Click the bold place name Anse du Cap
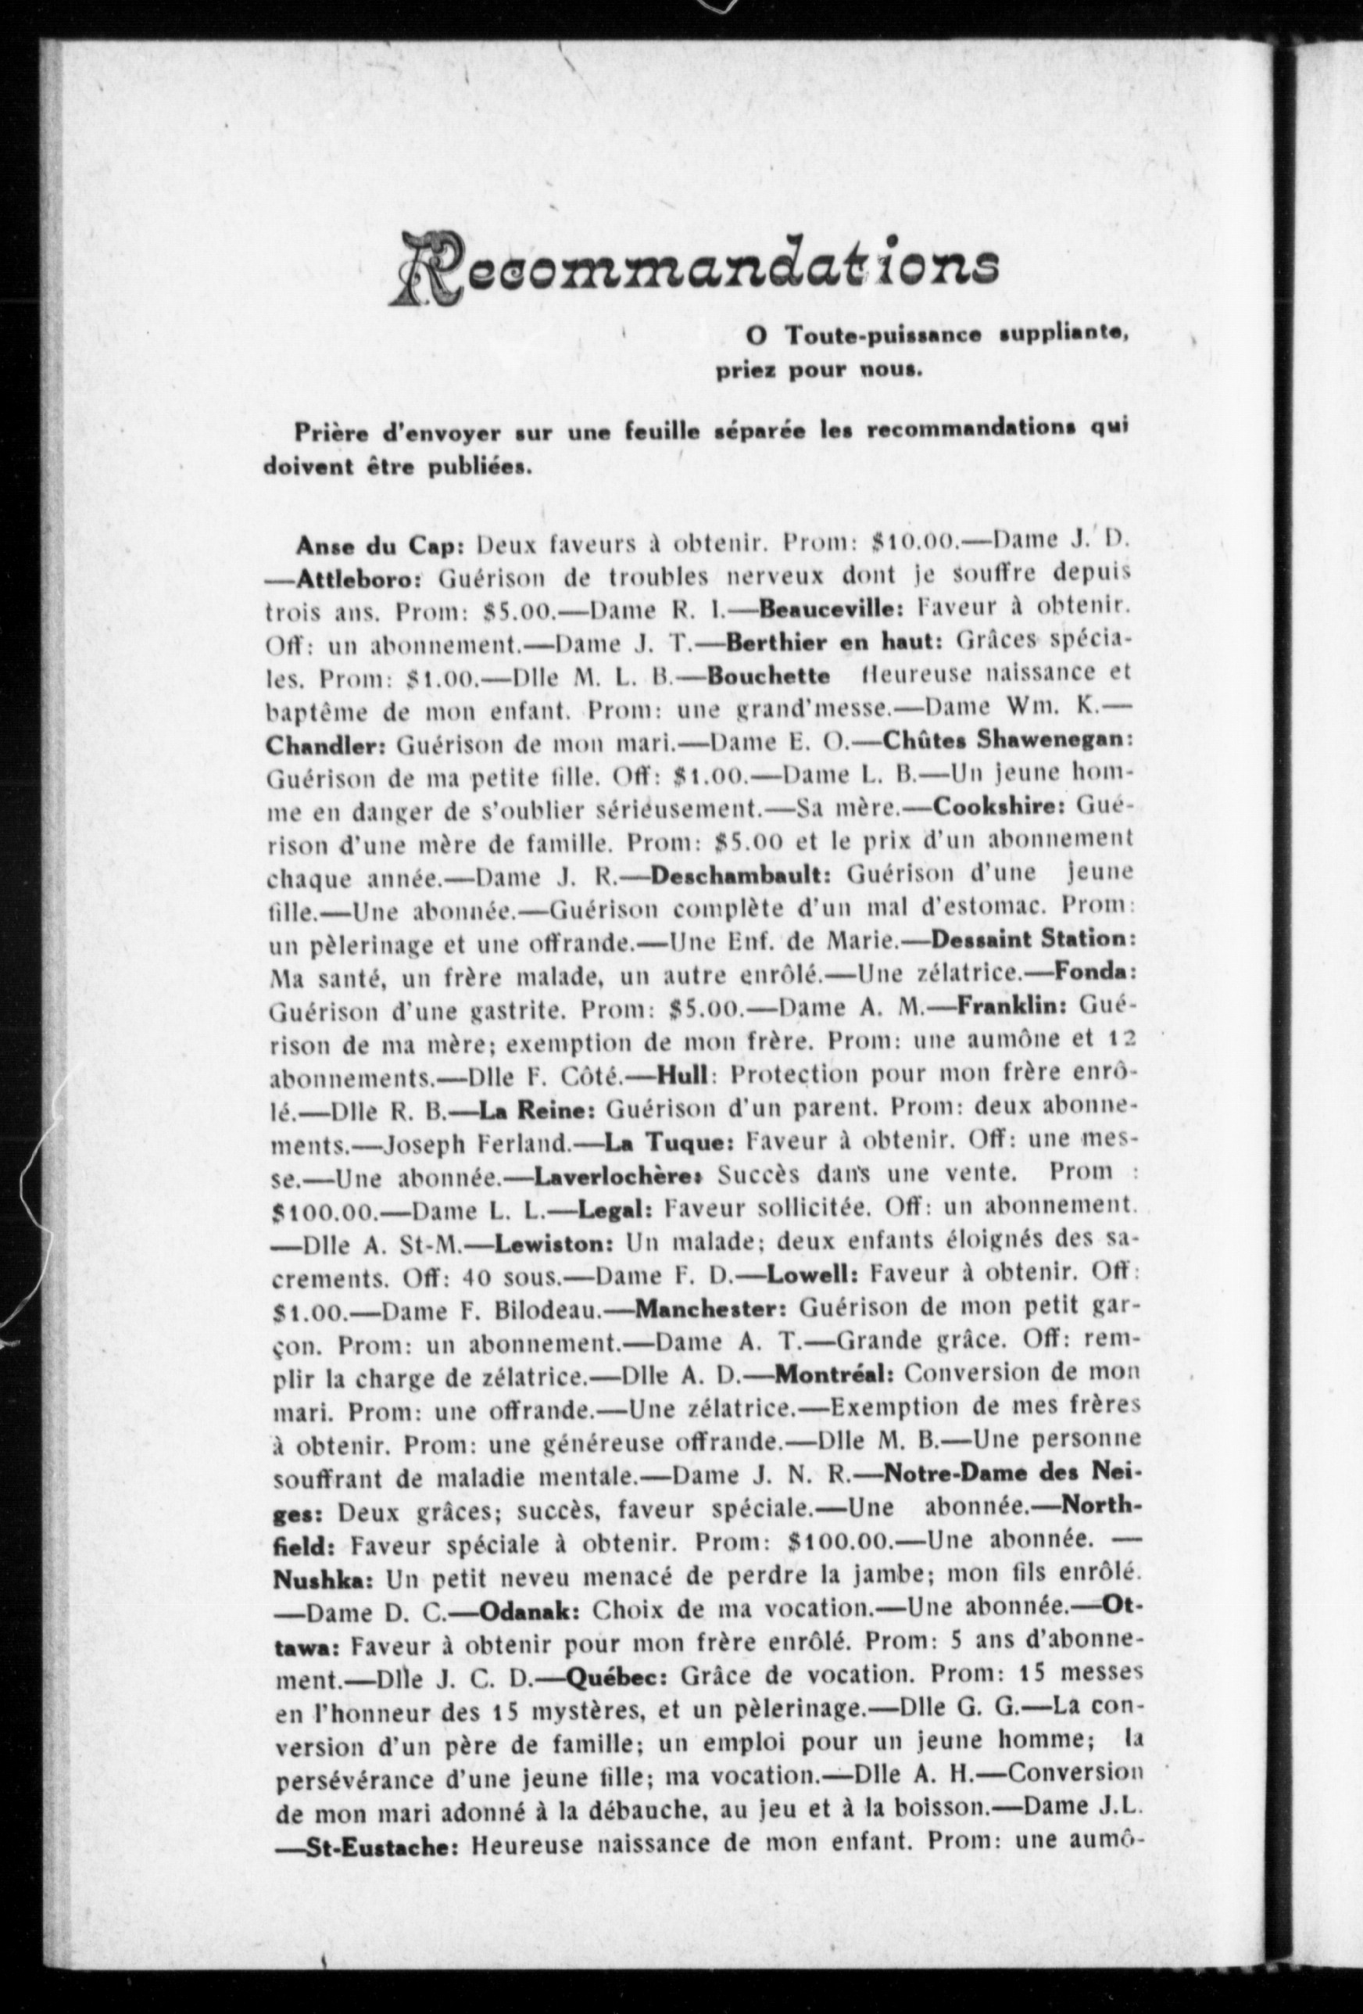pos(381,545)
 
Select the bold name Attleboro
pos(358,577)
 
